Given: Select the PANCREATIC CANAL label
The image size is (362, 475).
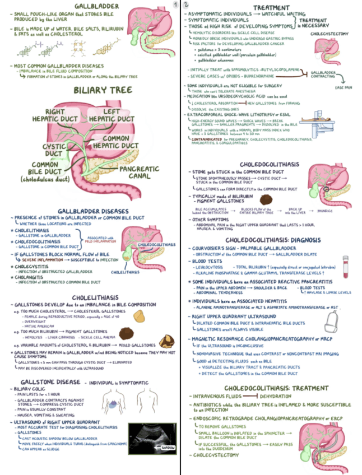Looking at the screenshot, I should [143, 171].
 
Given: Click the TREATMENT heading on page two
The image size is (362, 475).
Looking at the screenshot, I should [271, 7].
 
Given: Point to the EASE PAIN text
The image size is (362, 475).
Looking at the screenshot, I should [343, 88].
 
